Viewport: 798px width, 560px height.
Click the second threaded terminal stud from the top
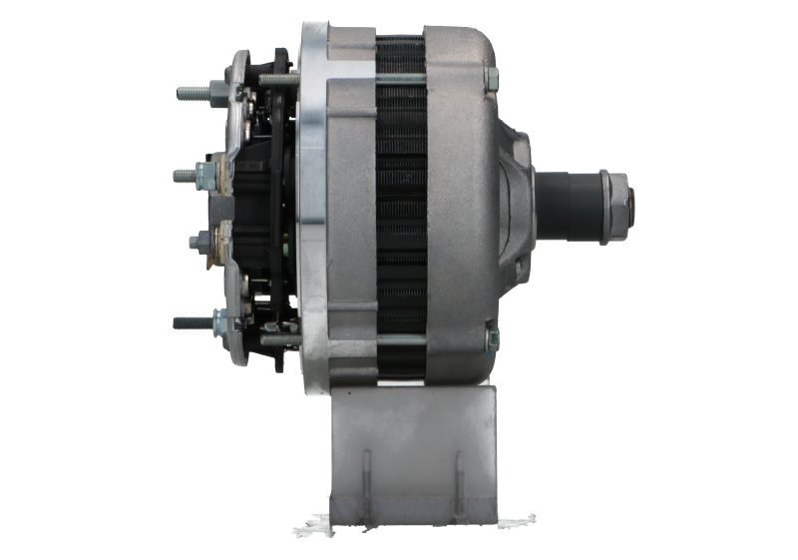coord(191,175)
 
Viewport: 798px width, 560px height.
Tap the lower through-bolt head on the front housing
coord(491,340)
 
